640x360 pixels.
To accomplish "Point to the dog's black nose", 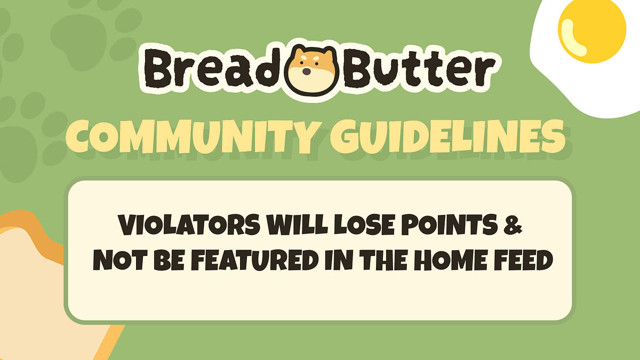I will point(307,71).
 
